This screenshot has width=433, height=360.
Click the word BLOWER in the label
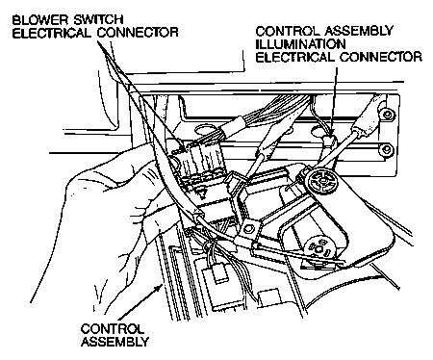(x=40, y=20)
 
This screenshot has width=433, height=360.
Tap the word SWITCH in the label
(x=98, y=20)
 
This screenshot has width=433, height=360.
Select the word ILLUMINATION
(x=300, y=44)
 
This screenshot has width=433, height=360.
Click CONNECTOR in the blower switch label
(x=138, y=33)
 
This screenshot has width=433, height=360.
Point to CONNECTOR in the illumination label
(x=381, y=57)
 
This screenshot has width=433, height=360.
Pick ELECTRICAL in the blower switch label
(x=52, y=33)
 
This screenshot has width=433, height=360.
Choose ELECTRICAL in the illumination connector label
(x=295, y=57)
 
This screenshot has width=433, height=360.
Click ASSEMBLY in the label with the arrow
(x=115, y=342)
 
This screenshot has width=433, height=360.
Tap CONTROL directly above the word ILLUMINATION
(x=288, y=31)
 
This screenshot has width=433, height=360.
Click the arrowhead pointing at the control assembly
(x=159, y=288)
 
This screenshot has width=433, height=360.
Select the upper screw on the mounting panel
(x=387, y=115)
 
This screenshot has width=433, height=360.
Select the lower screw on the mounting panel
(x=388, y=149)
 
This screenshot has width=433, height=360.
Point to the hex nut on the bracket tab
(x=248, y=228)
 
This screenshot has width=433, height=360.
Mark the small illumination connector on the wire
(x=328, y=140)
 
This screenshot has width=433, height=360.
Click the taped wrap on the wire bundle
(x=238, y=128)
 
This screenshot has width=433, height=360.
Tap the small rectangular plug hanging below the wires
(x=218, y=274)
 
